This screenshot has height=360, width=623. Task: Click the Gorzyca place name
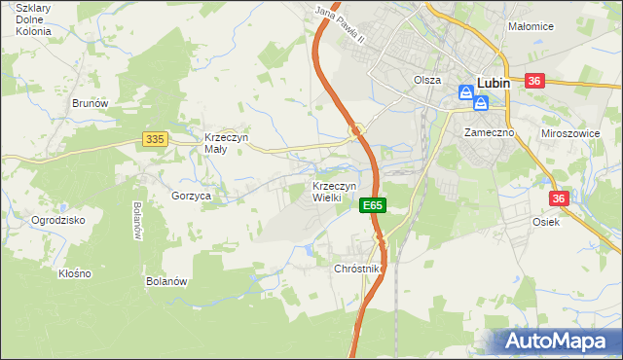coord(192,196)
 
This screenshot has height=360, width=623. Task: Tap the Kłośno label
coord(74,273)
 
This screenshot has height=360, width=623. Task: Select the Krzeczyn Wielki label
coord(334,191)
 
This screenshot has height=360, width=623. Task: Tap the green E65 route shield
coord(373,206)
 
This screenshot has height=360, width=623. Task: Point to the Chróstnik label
coord(360,268)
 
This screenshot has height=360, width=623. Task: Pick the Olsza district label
coord(427,81)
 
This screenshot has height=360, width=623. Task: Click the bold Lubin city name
coord(495,84)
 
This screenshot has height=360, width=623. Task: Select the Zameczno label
coord(488,131)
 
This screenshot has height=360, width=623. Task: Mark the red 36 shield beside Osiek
coord(559,198)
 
